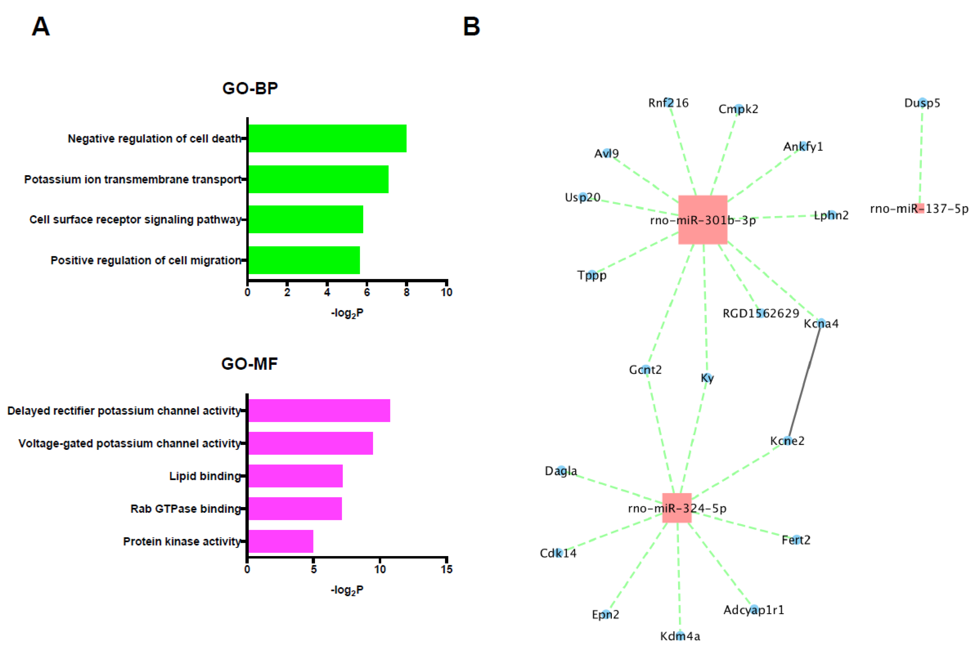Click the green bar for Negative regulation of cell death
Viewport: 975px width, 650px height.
pyautogui.click(x=327, y=138)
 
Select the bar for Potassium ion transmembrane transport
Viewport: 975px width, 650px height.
pyautogui.click(x=318, y=179)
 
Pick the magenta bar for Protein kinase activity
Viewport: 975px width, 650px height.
pyautogui.click(x=280, y=541)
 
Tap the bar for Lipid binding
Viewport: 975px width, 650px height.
pyautogui.click(x=295, y=475)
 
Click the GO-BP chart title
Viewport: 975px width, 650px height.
pyautogui.click(x=250, y=88)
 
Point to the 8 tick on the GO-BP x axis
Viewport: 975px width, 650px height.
pyautogui.click(x=407, y=292)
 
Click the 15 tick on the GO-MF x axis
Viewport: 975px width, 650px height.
pyautogui.click(x=446, y=569)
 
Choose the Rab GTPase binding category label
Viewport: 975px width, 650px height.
pyautogui.click(x=185, y=509)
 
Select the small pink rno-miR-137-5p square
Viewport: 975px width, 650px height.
pyautogui.click(x=920, y=208)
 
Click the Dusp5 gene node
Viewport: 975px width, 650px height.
pyautogui.click(x=922, y=102)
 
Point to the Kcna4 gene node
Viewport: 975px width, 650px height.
pyautogui.click(x=821, y=323)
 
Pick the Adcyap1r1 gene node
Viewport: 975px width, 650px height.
pyautogui.click(x=754, y=609)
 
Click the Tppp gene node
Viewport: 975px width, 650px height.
pyautogui.click(x=592, y=274)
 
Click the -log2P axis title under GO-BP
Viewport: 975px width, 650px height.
pyautogui.click(x=347, y=313)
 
